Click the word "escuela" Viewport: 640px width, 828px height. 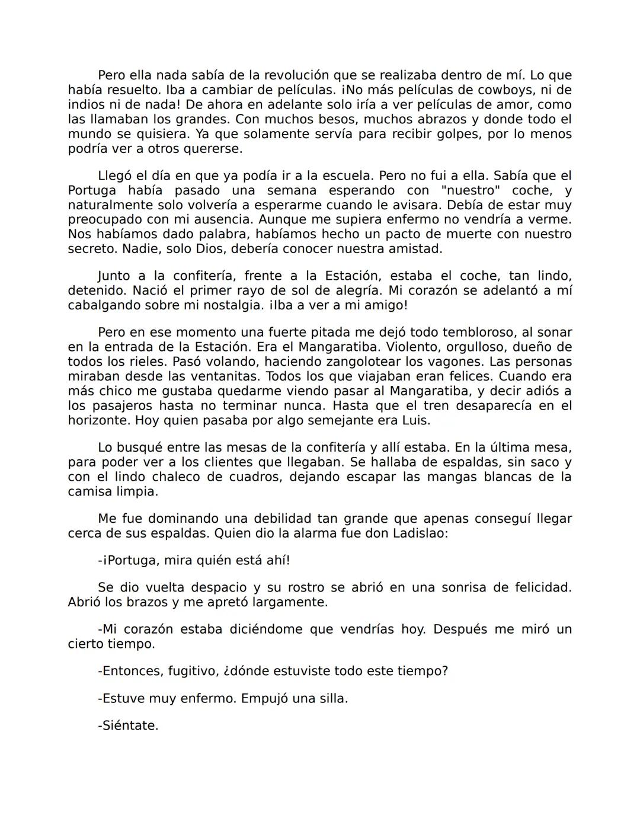coord(349,176)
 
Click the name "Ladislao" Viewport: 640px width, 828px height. coord(420,533)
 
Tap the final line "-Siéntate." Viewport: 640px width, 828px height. coord(128,725)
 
